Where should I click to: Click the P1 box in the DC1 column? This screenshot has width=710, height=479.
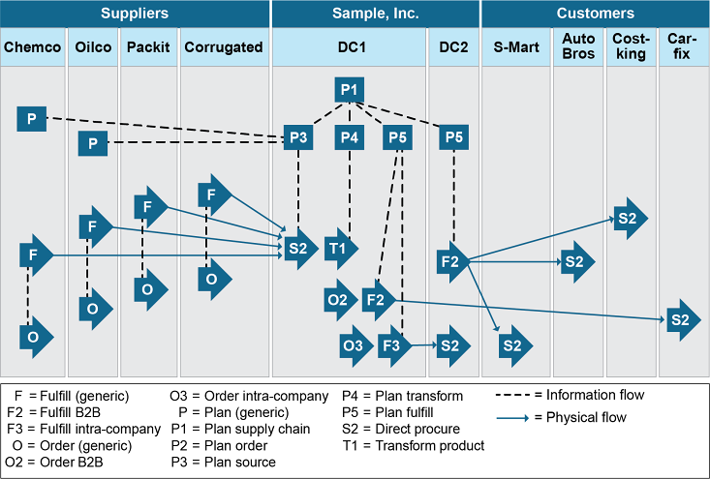[350, 90]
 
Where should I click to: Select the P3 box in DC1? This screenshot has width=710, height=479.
[298, 137]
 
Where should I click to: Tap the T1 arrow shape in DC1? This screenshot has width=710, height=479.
[338, 249]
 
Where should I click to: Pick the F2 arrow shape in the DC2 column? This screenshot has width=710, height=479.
[450, 260]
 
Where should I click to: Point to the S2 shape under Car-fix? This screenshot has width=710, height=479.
[679, 319]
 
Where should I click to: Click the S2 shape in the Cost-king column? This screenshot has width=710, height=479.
[628, 219]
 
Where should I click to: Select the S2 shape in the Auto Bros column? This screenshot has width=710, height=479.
[575, 261]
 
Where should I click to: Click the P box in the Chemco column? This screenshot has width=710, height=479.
[32, 119]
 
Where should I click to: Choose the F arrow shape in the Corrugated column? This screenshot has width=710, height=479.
[212, 195]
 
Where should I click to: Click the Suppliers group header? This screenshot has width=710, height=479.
[134, 14]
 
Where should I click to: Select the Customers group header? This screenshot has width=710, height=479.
[595, 14]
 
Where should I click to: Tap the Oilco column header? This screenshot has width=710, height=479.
[93, 46]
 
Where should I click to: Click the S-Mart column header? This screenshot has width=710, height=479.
[515, 46]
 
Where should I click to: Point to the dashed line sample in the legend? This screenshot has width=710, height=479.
[518, 395]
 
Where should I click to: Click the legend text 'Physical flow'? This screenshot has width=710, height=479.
[587, 418]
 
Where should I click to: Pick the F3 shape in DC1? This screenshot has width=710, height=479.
[392, 344]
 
